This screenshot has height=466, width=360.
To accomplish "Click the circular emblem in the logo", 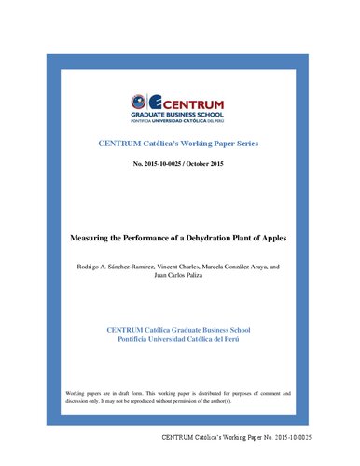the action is (138, 102).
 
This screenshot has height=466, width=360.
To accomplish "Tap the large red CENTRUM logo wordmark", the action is (187, 100).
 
